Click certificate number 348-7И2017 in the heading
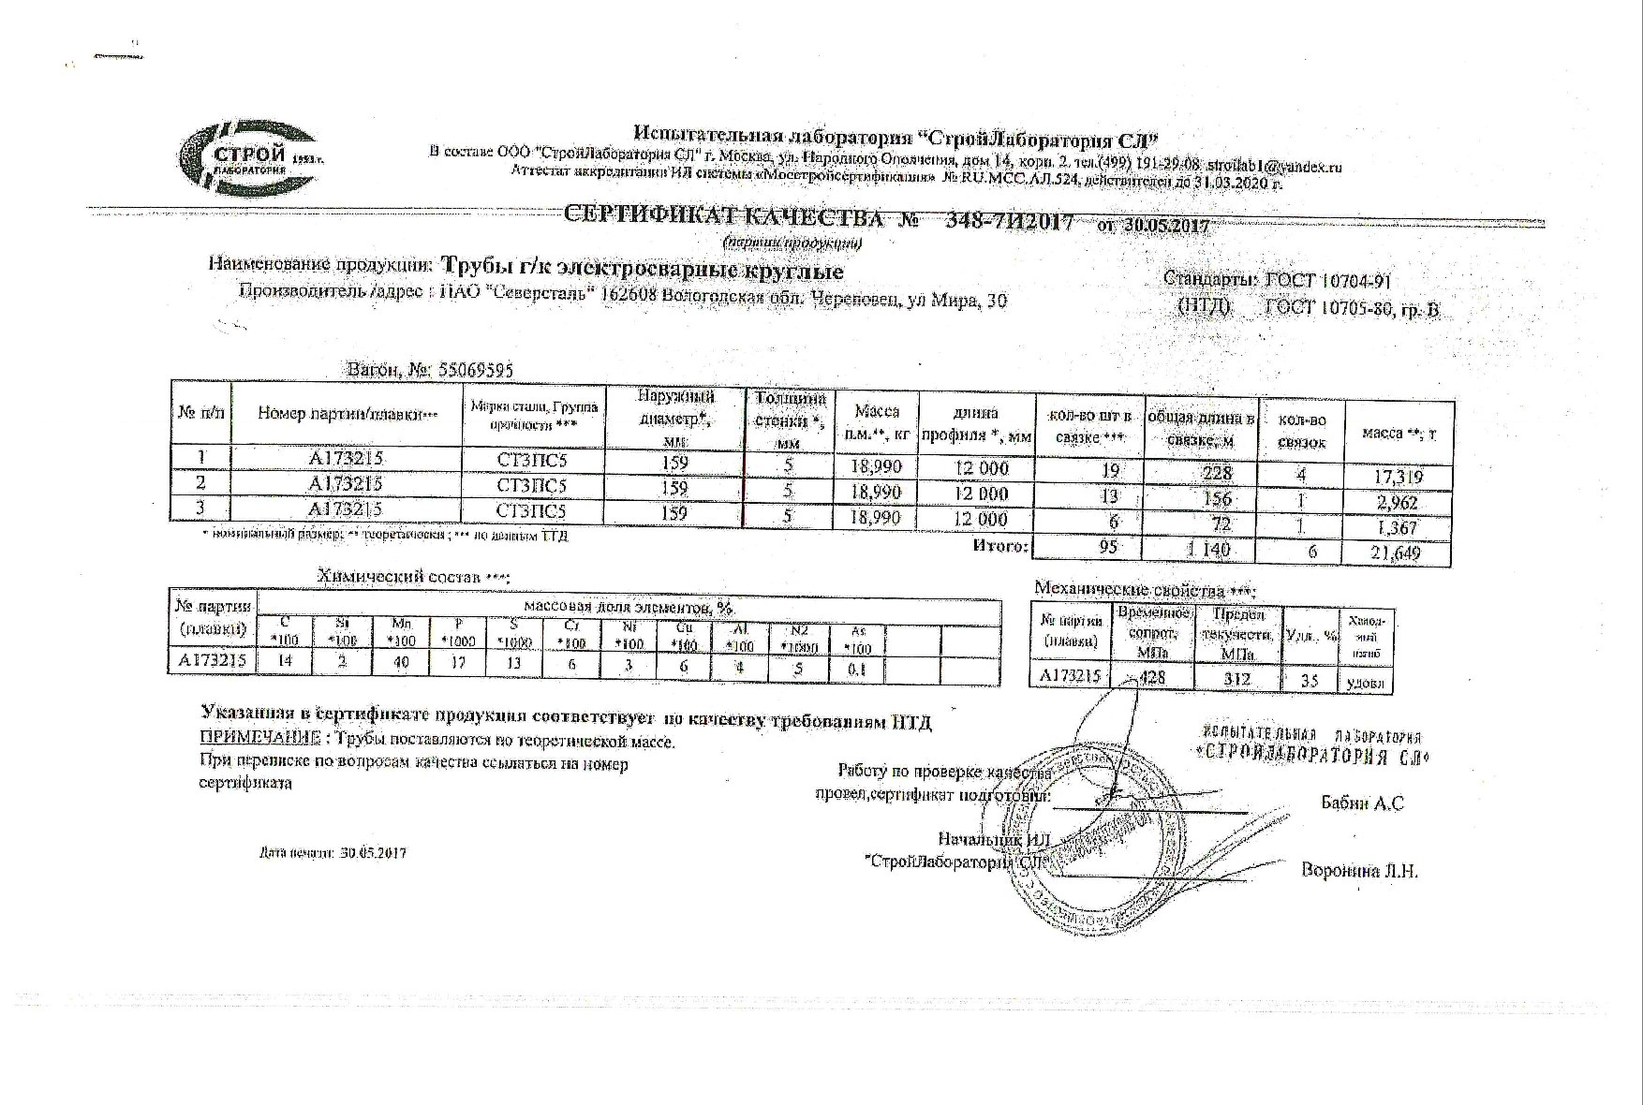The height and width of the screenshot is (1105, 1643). click(1009, 222)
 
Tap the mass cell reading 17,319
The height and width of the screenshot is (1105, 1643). click(1397, 478)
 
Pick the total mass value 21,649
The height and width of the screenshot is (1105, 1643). click(1396, 553)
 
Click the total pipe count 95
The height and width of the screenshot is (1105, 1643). click(1108, 547)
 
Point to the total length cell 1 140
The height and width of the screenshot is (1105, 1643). click(1207, 550)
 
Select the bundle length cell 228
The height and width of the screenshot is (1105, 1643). click(1217, 473)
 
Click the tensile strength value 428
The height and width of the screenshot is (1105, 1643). click(1151, 677)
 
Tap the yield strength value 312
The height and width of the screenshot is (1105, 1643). click(1236, 678)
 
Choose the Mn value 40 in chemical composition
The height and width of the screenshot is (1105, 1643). click(400, 661)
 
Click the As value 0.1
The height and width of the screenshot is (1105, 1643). click(856, 669)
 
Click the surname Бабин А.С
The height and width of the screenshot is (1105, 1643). click(1362, 803)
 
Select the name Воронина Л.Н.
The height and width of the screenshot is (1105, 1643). click(1359, 871)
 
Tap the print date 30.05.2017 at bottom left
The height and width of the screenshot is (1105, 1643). click(374, 853)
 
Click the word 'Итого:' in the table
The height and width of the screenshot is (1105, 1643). click(1000, 545)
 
